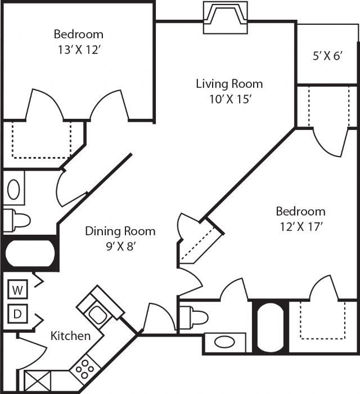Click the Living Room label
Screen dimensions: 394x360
(229, 84)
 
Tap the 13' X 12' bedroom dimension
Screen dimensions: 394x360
(79, 49)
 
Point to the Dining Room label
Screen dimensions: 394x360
(120, 231)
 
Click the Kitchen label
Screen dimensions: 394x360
(71, 336)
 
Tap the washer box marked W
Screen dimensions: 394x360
(18, 290)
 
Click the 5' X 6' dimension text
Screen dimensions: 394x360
(327, 57)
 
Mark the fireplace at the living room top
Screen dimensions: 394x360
(224, 17)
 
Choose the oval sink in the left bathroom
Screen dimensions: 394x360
(15, 189)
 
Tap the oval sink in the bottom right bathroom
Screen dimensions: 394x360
(225, 342)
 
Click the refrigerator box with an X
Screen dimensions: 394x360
(38, 380)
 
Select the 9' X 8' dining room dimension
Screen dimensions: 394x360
(120, 247)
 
